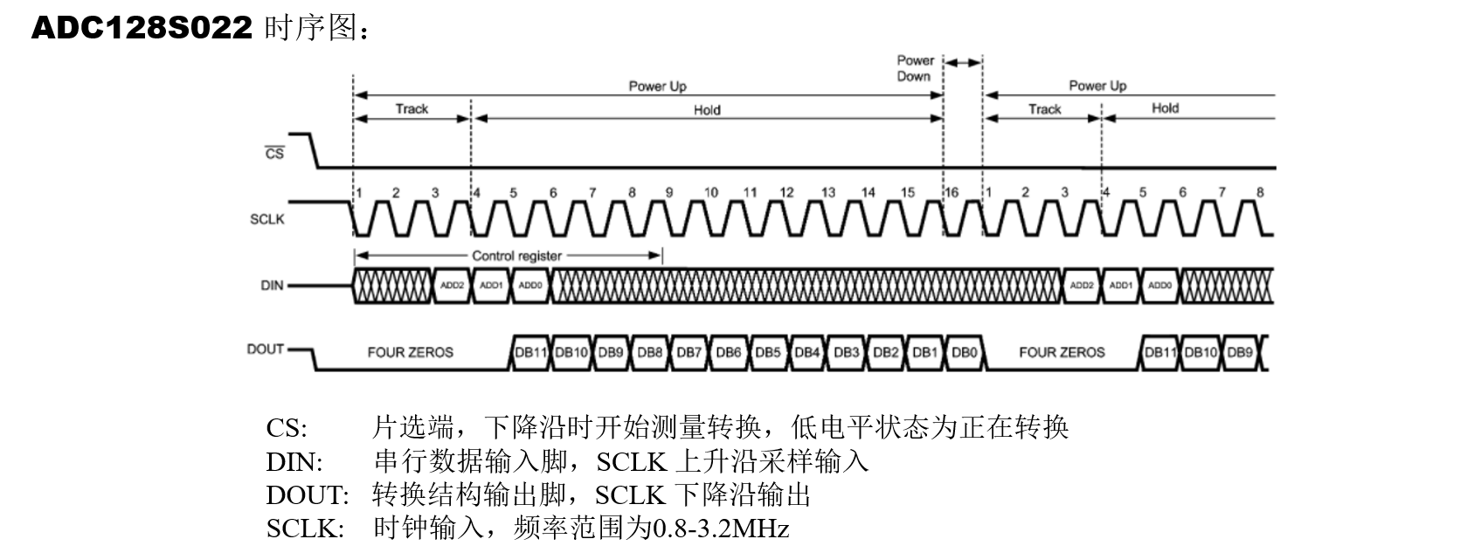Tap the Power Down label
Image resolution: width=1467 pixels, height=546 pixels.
[915, 68]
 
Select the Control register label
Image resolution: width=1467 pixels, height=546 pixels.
[516, 256]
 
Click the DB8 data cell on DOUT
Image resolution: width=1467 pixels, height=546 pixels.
[649, 352]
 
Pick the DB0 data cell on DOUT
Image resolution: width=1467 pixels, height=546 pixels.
[964, 352]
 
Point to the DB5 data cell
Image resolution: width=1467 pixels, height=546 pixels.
[767, 352]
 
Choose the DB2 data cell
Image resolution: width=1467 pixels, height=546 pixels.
[885, 352]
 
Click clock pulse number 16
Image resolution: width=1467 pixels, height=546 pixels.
[951, 193]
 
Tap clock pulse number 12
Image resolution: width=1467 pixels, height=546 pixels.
[787, 193]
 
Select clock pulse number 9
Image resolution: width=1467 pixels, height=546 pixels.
[669, 193]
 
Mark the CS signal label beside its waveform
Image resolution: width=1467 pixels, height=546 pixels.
[274, 153]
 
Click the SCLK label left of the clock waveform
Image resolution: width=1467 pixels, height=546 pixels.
[267, 218]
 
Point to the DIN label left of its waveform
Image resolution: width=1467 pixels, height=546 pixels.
[272, 286]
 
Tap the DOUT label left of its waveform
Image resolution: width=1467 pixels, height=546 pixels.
[266, 349]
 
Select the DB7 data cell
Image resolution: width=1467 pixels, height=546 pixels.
[689, 352]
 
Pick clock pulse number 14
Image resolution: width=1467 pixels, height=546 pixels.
[868, 193]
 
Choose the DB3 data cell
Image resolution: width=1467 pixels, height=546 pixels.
[846, 352]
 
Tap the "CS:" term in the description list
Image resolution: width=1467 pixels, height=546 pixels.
[287, 428]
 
